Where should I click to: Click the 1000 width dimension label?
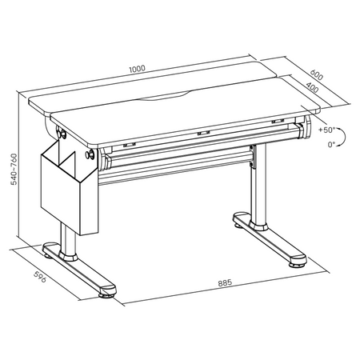pyautogui.click(x=137, y=70)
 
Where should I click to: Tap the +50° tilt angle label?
pyautogui.click(x=326, y=129)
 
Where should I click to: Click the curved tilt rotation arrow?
pyautogui.click(x=342, y=138)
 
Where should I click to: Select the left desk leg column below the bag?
pyautogui.click(x=70, y=245)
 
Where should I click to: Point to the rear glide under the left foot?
pyautogui.click(x=50, y=256)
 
